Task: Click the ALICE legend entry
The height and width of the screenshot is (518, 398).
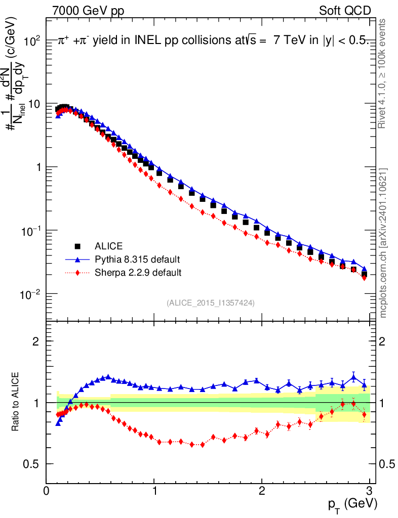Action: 108,246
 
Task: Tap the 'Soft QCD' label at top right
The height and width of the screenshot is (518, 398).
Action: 345,11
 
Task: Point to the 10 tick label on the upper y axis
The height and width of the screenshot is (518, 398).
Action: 34,105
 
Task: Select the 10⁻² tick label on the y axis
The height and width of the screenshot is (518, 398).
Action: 31,294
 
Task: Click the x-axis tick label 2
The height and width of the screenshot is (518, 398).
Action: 262,491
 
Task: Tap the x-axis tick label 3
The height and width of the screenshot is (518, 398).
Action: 370,491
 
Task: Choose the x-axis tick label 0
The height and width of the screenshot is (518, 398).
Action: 46,491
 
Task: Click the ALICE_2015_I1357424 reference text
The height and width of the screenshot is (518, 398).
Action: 210,303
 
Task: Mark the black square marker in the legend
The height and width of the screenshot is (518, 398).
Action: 78,246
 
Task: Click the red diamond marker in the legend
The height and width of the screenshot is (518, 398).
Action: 78,273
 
